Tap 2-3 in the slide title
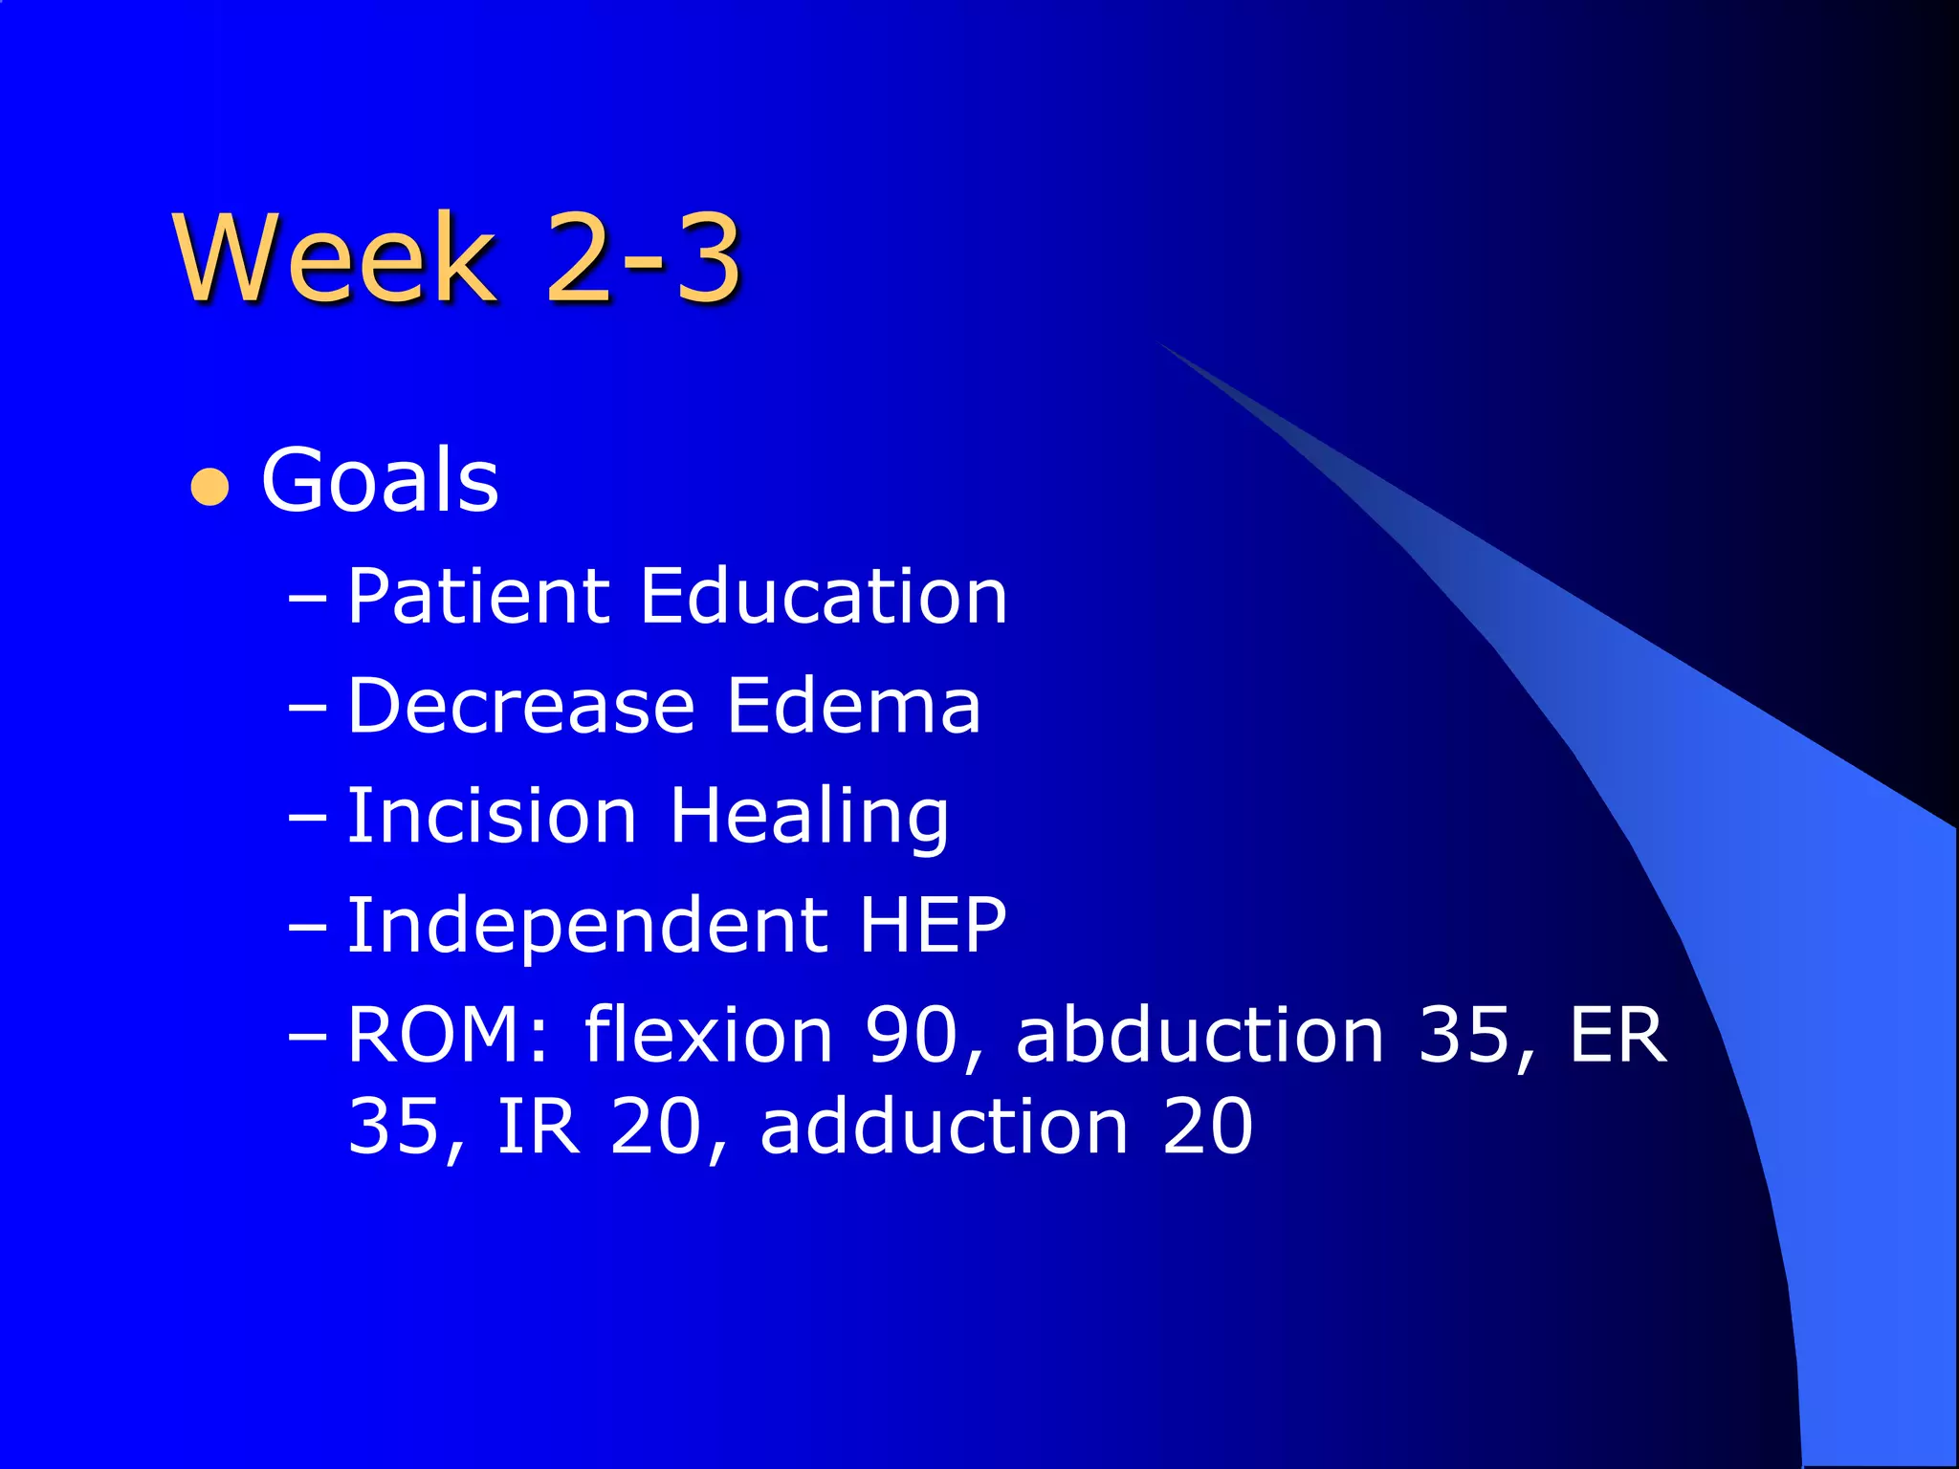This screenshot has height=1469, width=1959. pos(643,258)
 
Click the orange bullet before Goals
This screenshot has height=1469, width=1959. pos(210,487)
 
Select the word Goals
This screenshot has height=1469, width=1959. pos(380,481)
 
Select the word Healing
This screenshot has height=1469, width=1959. pos(809,819)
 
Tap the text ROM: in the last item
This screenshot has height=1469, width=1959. pos(449,1035)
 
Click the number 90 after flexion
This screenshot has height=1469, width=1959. pos(911,1035)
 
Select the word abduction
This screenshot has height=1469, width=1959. pos(1200,1035)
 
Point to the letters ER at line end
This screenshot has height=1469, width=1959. pos(1618,1035)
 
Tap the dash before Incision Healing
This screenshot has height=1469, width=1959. pos(307,818)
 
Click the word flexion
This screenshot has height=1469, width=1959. pos(709,1035)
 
